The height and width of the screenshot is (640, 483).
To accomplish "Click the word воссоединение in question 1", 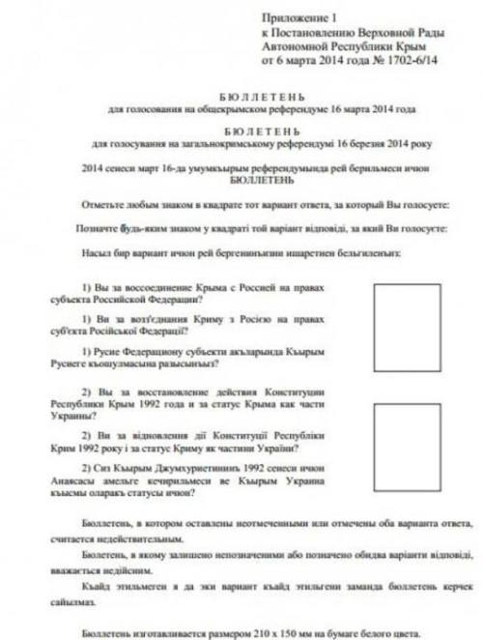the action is point(162,290).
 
